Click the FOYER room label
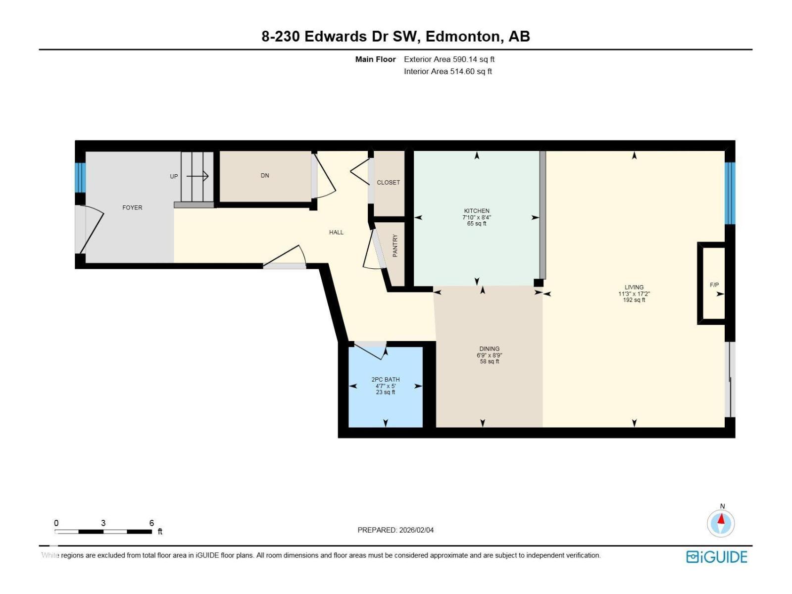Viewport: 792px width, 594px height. (132, 207)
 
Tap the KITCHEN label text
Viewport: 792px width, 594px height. (476, 211)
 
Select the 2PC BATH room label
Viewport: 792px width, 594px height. (385, 379)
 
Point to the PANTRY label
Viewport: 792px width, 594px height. (395, 246)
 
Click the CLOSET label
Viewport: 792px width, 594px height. (388, 183)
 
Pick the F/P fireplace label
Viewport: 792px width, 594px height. (714, 285)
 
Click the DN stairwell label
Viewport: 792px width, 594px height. (265, 176)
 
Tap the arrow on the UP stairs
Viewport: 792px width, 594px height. (198, 176)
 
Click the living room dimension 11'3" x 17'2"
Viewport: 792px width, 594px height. (634, 294)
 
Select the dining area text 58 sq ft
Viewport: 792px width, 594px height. (489, 361)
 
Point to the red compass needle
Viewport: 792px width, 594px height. (721, 519)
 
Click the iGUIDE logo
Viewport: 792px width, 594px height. (717, 557)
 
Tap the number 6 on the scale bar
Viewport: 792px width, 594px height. (151, 523)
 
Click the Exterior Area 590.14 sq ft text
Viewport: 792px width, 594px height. (449, 59)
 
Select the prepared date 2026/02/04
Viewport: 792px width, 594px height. (416, 530)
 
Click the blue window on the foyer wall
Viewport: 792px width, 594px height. (80, 178)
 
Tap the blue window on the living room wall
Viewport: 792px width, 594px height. (730, 194)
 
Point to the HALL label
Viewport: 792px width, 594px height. (336, 232)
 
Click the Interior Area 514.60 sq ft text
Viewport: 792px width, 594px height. (448, 71)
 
